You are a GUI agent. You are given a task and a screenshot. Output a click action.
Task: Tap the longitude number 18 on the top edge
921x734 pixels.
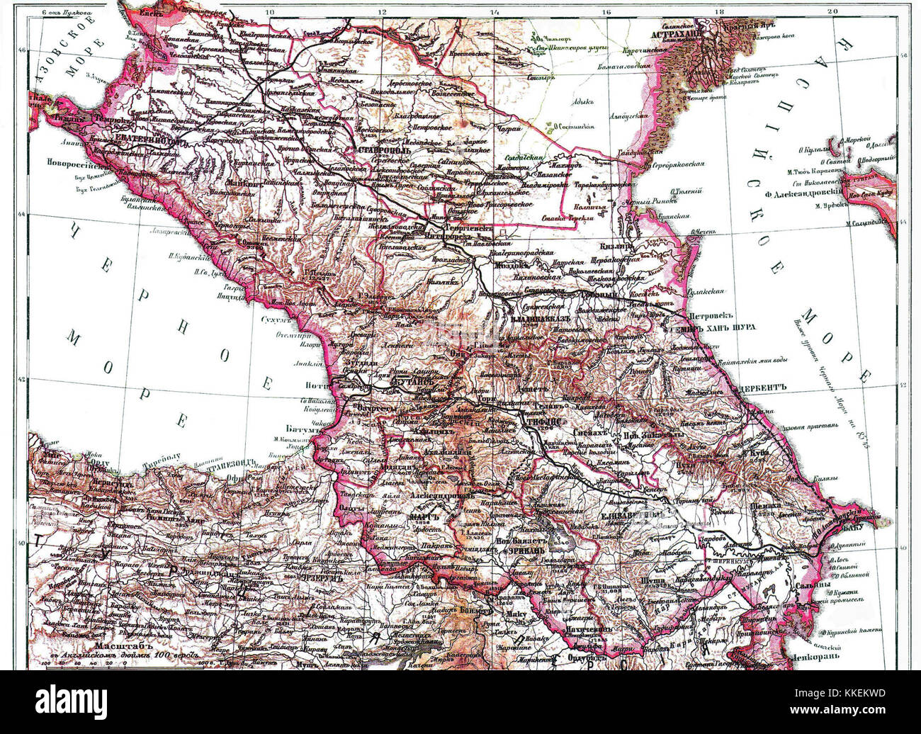[721, 11]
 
